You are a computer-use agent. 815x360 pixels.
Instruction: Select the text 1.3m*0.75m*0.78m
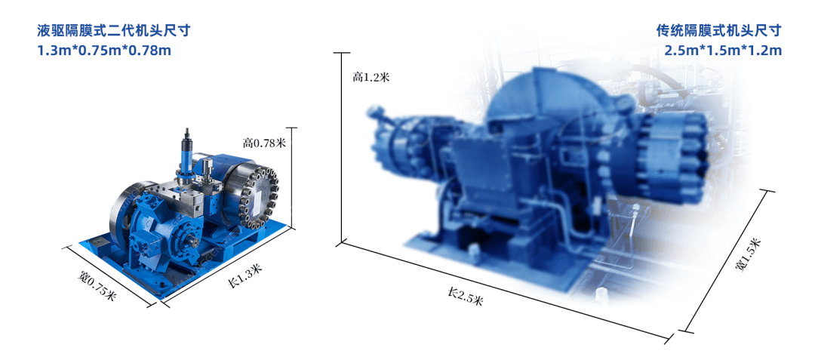[x=104, y=51]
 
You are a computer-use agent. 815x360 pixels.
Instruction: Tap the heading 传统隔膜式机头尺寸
[x=719, y=31]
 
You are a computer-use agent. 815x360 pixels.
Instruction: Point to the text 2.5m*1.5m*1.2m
[x=723, y=51]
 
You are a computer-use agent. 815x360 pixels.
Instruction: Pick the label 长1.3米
[x=244, y=275]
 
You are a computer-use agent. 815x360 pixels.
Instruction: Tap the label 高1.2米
[x=371, y=78]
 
